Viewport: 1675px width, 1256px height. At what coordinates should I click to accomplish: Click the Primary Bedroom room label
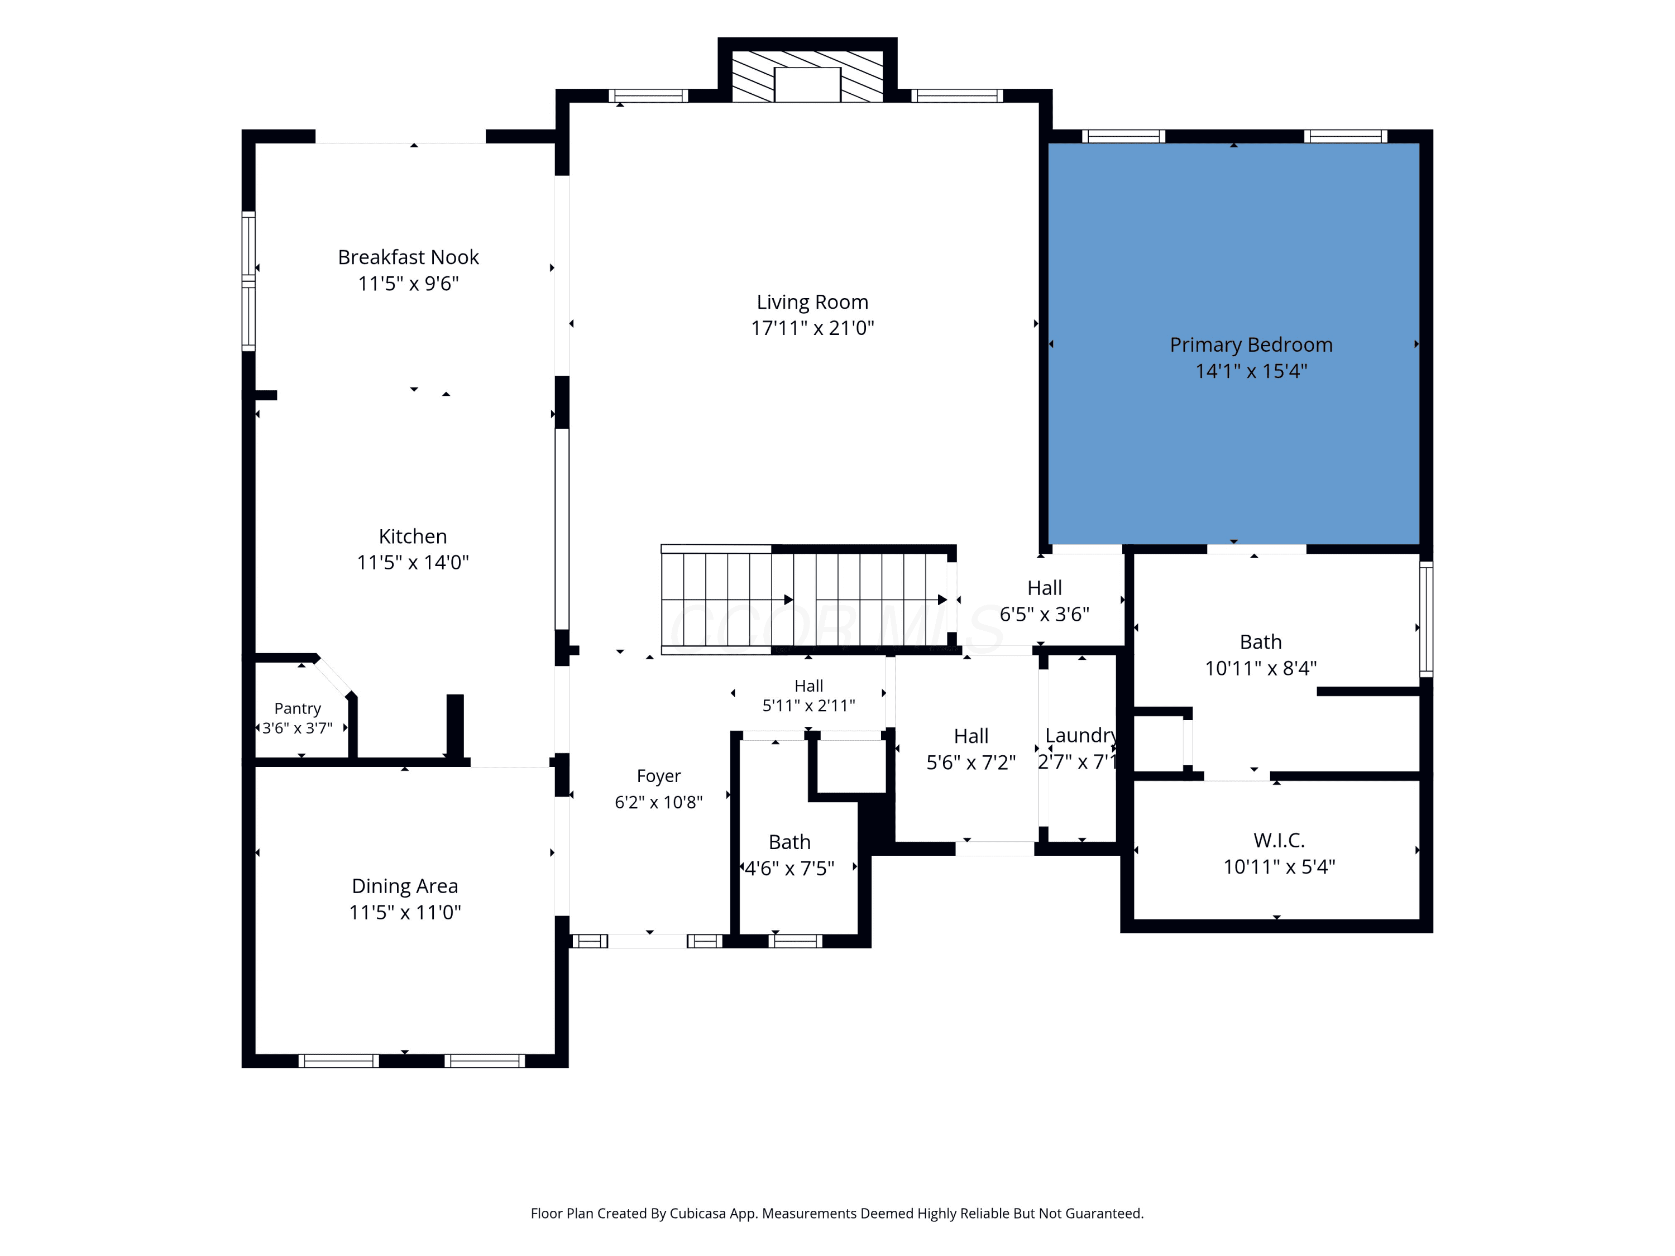[x=1251, y=345]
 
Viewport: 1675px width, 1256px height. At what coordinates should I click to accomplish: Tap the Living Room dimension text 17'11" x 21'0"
[x=812, y=328]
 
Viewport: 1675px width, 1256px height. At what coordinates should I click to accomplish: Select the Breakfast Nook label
[x=408, y=257]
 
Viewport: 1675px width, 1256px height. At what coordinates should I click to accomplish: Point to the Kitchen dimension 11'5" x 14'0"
[x=413, y=563]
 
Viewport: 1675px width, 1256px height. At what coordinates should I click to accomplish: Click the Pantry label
[x=298, y=708]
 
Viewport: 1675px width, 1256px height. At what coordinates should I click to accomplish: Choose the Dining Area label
[x=405, y=886]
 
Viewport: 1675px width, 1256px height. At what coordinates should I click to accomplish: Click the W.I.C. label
[x=1279, y=840]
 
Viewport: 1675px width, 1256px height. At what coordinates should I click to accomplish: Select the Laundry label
[x=1080, y=736]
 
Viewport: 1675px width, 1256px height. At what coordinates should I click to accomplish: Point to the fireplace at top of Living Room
[x=807, y=76]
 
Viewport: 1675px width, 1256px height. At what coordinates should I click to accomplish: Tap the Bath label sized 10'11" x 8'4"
[x=1261, y=642]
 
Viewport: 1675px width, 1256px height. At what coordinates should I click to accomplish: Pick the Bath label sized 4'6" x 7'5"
[x=790, y=842]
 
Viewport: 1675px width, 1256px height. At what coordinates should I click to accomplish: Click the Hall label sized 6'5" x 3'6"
[x=1045, y=588]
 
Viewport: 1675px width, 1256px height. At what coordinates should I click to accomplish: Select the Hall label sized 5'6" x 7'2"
[x=971, y=737]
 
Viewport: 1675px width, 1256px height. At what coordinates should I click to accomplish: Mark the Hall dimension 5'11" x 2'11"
[x=808, y=706]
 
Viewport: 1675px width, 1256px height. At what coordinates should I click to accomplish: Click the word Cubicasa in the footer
[x=697, y=1214]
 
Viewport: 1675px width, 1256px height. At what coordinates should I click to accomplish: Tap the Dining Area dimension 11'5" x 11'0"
[x=405, y=912]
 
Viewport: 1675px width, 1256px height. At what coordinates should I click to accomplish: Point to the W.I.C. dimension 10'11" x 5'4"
[x=1279, y=867]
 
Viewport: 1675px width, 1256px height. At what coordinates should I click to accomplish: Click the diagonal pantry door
[x=334, y=676]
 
